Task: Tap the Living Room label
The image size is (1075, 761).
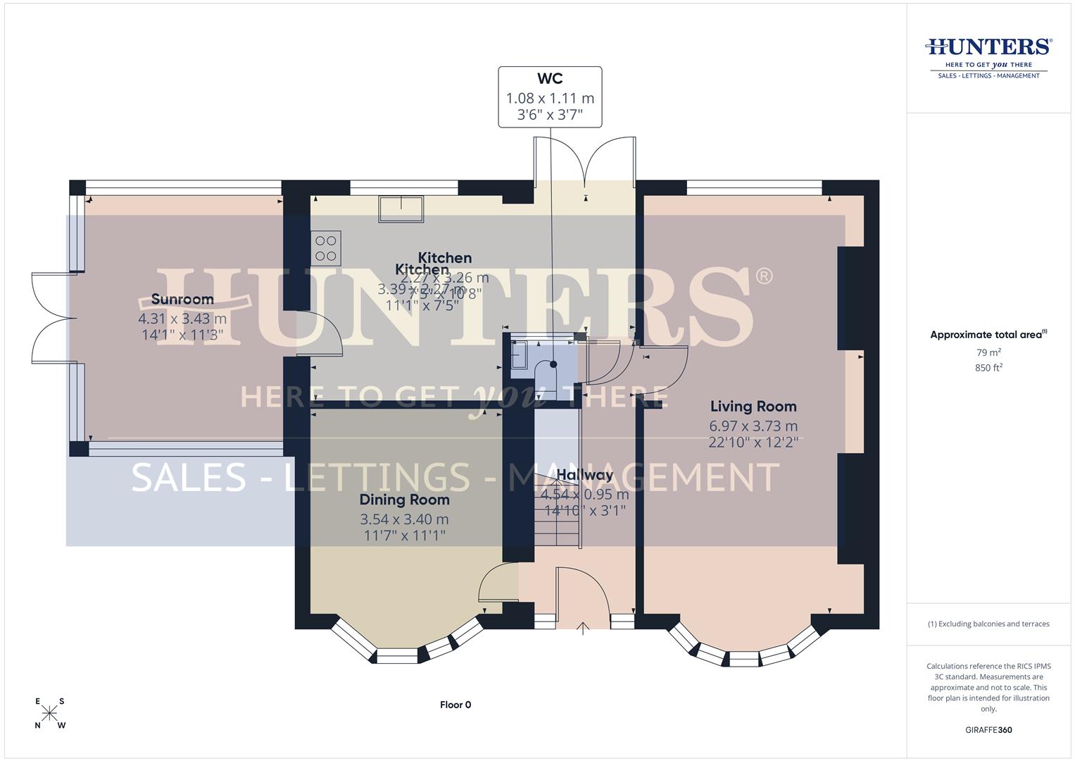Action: (753, 407)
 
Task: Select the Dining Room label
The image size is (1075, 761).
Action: (404, 500)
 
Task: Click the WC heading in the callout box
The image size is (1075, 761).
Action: (550, 79)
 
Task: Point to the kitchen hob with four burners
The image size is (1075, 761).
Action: (326, 248)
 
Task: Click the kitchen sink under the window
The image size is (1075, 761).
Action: (401, 209)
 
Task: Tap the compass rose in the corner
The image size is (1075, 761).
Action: (50, 713)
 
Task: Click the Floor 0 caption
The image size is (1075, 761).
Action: (455, 705)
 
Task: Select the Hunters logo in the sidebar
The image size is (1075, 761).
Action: (988, 56)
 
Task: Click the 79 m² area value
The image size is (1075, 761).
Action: (988, 352)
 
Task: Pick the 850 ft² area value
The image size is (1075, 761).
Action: (988, 368)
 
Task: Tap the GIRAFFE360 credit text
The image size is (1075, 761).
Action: (988, 730)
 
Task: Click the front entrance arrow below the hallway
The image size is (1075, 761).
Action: (583, 628)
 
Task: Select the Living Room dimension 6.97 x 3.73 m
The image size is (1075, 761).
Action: (753, 426)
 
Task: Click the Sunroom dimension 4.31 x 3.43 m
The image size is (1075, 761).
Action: (182, 319)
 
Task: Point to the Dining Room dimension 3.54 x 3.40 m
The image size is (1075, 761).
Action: (404, 519)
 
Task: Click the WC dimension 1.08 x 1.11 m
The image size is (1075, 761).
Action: (550, 98)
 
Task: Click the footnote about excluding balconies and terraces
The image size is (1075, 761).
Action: (988, 624)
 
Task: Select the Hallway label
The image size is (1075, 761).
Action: (584, 476)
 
